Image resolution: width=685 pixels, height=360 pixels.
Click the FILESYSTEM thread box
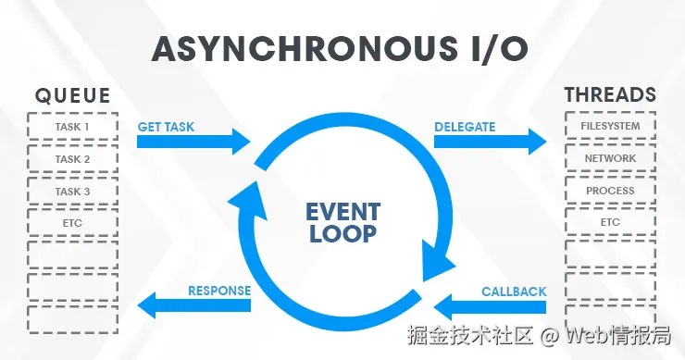610,126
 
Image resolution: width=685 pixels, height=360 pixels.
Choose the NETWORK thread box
610,158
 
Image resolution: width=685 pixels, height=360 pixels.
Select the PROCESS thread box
610,191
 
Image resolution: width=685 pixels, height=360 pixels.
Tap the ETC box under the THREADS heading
610,223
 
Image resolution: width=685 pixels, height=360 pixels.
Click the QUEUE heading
73,95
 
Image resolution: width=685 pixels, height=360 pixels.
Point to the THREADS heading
610,95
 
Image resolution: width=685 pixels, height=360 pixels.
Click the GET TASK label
168,126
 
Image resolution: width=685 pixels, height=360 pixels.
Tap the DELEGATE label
465,126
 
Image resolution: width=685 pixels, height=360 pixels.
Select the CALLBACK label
514,292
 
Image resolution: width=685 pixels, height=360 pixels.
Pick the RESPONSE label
219,291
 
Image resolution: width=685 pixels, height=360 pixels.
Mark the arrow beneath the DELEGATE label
491,143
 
